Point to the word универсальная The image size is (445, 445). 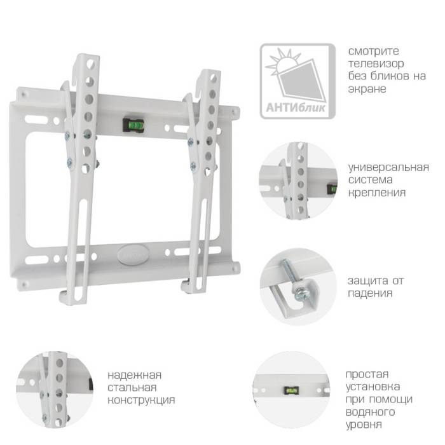[x=388, y=167]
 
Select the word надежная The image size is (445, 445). [x=134, y=374]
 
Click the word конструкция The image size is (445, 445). [x=141, y=400]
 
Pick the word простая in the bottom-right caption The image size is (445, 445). [x=367, y=374]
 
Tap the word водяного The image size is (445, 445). [x=371, y=412]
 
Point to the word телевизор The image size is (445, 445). [x=375, y=64]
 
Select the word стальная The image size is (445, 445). [x=132, y=387]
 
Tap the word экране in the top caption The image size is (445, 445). [x=367, y=89]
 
